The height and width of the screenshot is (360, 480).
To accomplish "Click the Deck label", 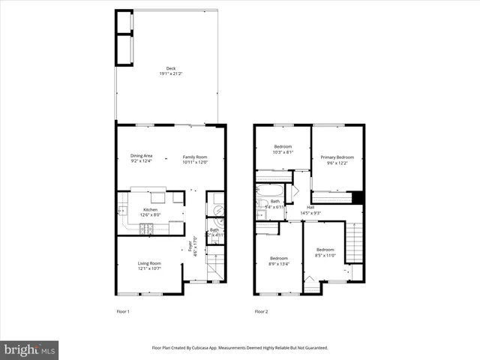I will [x=170, y=68].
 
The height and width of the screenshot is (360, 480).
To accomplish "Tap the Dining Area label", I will [x=141, y=155].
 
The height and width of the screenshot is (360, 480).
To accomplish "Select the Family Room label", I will [x=194, y=157].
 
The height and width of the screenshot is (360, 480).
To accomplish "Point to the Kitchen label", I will [x=151, y=210].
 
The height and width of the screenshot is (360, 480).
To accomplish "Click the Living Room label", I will [x=148, y=263].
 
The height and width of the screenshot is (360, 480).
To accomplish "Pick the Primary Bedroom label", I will [x=337, y=157].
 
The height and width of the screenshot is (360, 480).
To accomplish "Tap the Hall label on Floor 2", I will [x=310, y=207].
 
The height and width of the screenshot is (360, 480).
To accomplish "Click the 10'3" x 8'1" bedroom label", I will [x=283, y=145].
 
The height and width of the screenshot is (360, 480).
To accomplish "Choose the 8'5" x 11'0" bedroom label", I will [x=325, y=249].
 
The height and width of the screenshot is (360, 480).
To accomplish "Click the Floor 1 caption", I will [x=123, y=311].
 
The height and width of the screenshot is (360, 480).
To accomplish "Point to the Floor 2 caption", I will [x=261, y=311].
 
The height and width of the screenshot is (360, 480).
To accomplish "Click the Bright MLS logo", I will [x=30, y=349].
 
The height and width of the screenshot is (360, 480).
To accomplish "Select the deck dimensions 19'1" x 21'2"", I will [x=170, y=74].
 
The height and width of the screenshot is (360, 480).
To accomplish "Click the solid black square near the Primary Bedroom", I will [x=358, y=198].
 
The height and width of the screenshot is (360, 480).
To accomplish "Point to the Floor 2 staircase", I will [x=357, y=244].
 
